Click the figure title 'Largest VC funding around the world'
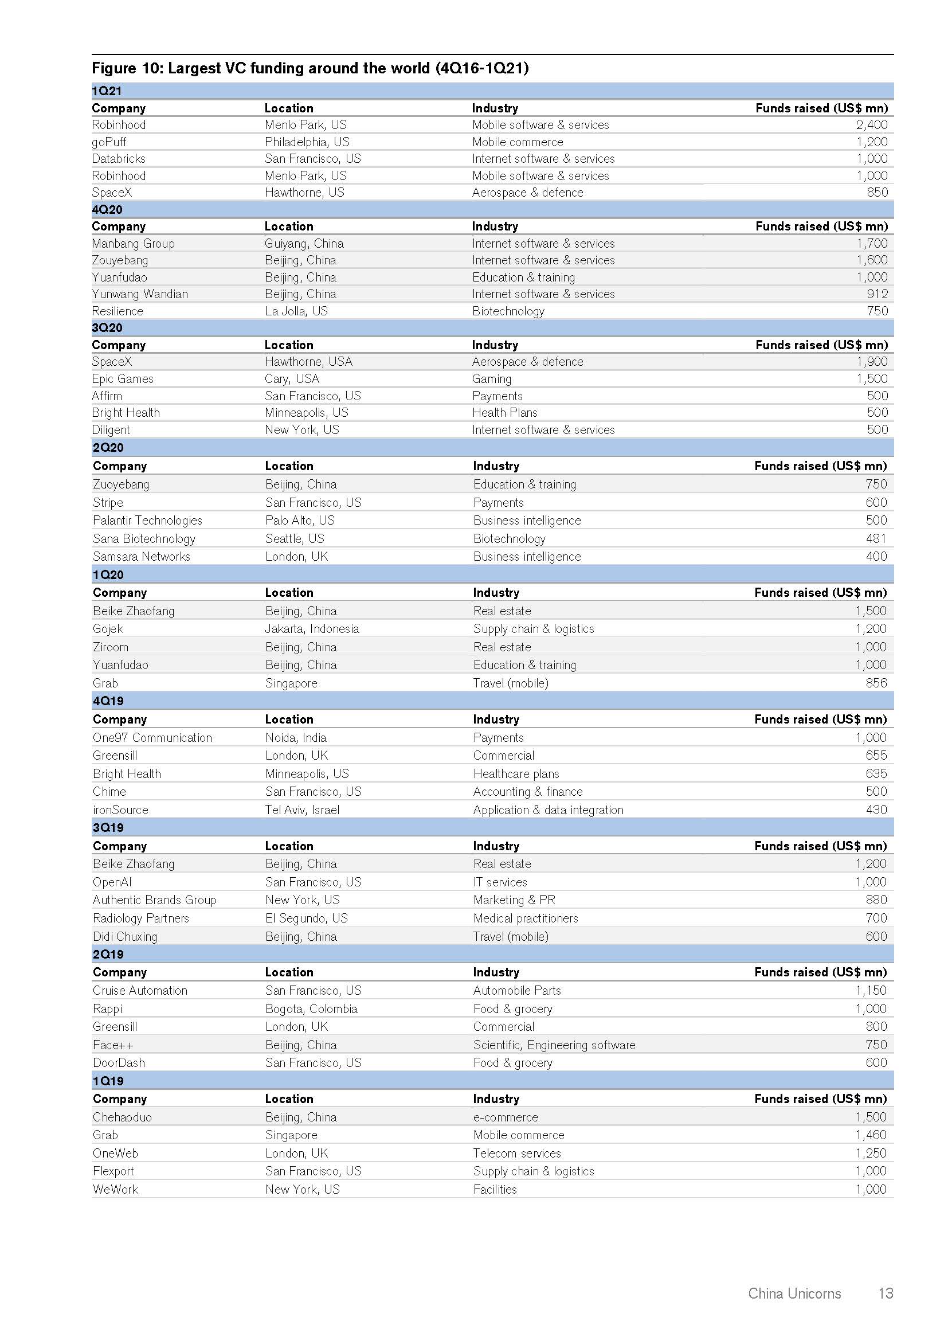(x=310, y=68)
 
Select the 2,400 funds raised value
(x=872, y=124)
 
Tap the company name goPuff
(x=109, y=142)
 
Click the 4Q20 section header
(x=107, y=210)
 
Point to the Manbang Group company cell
(x=133, y=244)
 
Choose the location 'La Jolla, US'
(x=296, y=311)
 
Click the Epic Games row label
(x=123, y=379)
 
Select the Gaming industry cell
(x=492, y=379)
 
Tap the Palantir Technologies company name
(x=147, y=521)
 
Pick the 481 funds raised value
(x=876, y=538)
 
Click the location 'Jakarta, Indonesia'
(x=312, y=629)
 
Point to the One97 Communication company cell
(x=152, y=738)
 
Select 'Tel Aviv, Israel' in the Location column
(x=302, y=810)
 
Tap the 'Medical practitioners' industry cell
(x=526, y=918)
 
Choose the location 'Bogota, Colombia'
(x=311, y=1008)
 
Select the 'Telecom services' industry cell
(x=516, y=1153)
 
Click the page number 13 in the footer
(x=886, y=1293)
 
